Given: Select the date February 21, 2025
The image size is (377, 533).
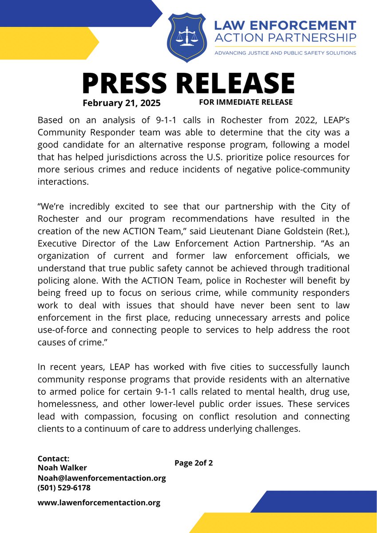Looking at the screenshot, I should pos(121,103).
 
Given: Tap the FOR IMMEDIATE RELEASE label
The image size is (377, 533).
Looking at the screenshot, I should pos(246,102).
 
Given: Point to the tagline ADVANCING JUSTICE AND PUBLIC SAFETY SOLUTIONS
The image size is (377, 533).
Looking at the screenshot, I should pos(285,53).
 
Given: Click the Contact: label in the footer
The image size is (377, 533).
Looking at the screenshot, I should pos(53,458).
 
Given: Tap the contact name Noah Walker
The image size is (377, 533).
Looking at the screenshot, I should pos(62,468).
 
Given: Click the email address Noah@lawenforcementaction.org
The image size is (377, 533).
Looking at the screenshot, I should pos(101,478).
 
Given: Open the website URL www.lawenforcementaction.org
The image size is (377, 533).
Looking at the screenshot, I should pos(99,503).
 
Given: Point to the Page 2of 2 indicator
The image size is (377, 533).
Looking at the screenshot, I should pos(194,463).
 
